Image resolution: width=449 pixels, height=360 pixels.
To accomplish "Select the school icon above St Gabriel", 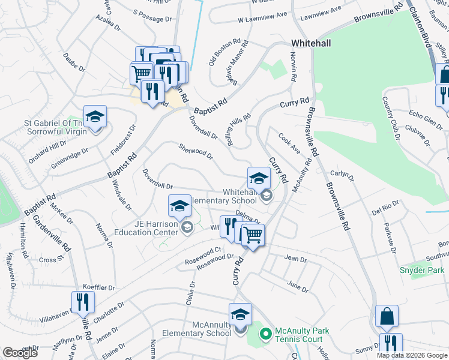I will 95,116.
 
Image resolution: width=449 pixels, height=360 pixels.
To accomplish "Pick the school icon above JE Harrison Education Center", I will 179,206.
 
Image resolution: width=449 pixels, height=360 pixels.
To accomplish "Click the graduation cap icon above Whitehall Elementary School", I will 259,178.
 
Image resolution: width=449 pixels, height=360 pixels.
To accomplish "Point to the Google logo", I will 20,352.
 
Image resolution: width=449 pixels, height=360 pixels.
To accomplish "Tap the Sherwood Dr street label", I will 196,151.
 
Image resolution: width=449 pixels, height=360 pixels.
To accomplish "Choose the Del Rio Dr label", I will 385,210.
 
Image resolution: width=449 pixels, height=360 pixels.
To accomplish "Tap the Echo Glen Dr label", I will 424,115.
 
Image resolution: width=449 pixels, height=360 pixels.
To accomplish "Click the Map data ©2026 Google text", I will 412,355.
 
